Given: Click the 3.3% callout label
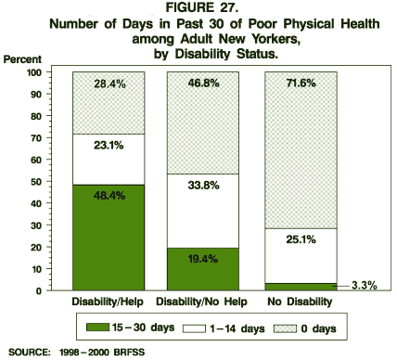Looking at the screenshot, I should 363,286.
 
